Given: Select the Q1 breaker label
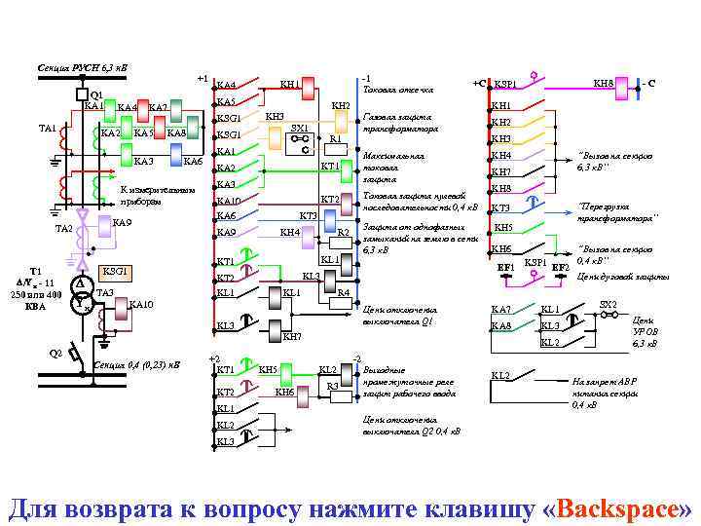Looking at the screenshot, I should tap(96, 94).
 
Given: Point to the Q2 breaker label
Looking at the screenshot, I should tap(56, 354).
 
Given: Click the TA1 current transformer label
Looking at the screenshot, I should tap(47, 128).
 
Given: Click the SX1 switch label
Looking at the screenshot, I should tap(300, 128).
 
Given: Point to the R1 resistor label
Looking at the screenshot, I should tap(335, 139).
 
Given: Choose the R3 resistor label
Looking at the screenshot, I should tap(331, 387).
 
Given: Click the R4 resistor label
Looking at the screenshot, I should tap(344, 292).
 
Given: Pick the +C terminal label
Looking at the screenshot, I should tap(479, 84).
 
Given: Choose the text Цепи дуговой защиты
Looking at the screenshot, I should tap(622, 278).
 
